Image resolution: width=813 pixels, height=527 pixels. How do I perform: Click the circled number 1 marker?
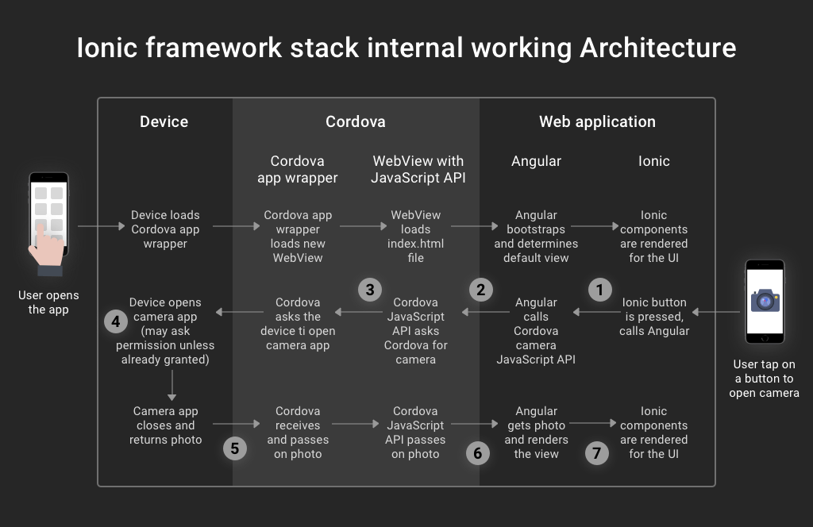pos(599,290)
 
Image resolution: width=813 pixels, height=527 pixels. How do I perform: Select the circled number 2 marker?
pos(480,290)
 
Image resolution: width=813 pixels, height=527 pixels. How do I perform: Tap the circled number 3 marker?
pos(370,290)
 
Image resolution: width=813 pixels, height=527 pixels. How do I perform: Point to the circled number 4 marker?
pos(116,322)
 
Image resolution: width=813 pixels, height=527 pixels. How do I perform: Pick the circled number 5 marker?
pos(234,448)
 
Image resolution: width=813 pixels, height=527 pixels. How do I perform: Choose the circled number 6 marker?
pos(477,453)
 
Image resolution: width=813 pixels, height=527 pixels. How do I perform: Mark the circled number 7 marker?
pos(596,453)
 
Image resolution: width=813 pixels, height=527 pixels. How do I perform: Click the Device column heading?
pos(164,121)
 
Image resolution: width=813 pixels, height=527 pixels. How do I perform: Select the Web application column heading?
pos(597,121)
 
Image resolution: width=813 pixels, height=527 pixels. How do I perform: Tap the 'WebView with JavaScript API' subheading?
pos(418,169)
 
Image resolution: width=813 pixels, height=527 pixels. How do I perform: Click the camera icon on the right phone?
pos(765,301)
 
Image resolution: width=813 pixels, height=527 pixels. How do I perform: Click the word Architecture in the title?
pos(657,48)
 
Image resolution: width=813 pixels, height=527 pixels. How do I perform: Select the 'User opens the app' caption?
pos(48,302)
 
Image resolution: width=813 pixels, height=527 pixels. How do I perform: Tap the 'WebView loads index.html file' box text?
pos(416,237)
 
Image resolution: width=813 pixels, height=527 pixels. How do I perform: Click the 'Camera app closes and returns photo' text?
pos(165,425)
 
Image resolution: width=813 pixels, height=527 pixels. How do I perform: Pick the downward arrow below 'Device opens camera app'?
pos(171,385)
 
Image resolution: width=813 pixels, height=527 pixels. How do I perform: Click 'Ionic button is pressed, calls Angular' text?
pos(653,317)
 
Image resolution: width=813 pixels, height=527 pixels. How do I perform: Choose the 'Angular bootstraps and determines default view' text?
pos(536,237)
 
